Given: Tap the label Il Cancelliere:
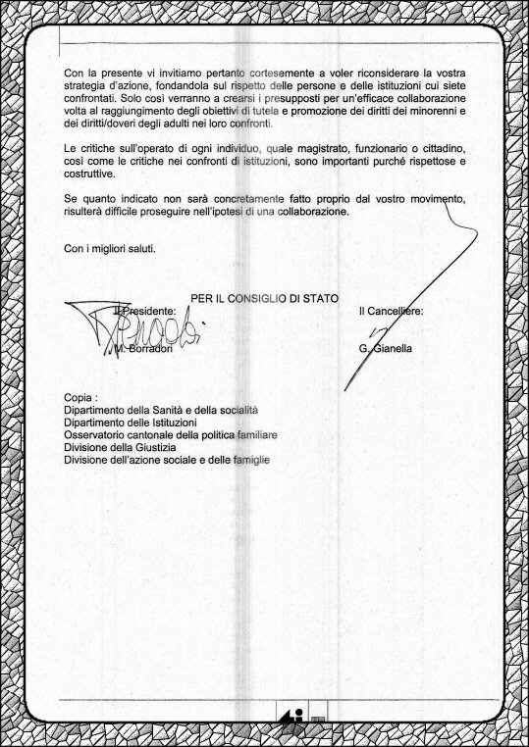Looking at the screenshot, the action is click(392, 311).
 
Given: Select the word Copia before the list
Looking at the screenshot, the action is click(79, 396).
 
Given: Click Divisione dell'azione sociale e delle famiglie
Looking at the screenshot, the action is click(166, 459).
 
